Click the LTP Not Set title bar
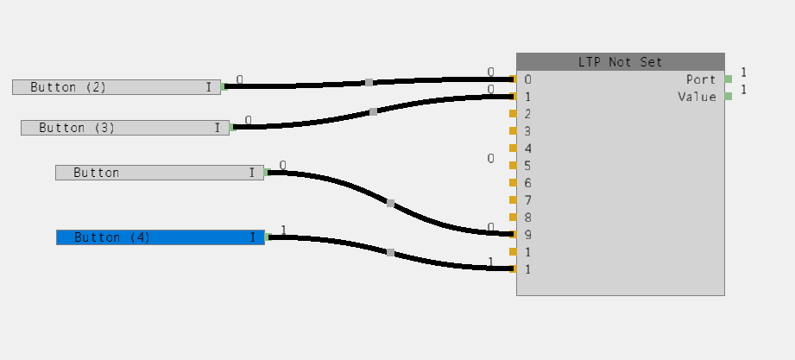(620, 61)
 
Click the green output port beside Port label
(729, 79)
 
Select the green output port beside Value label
(729, 97)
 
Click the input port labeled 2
(513, 114)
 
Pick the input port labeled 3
(513, 131)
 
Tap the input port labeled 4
(513, 148)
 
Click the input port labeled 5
(513, 166)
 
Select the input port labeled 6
(513, 183)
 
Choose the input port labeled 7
(513, 200)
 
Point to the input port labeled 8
(513, 218)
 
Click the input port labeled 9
(513, 235)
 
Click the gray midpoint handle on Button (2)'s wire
(369, 83)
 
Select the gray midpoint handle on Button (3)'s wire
(373, 112)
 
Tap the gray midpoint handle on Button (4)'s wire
(390, 253)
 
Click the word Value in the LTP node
(697, 97)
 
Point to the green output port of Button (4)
(268, 237)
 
